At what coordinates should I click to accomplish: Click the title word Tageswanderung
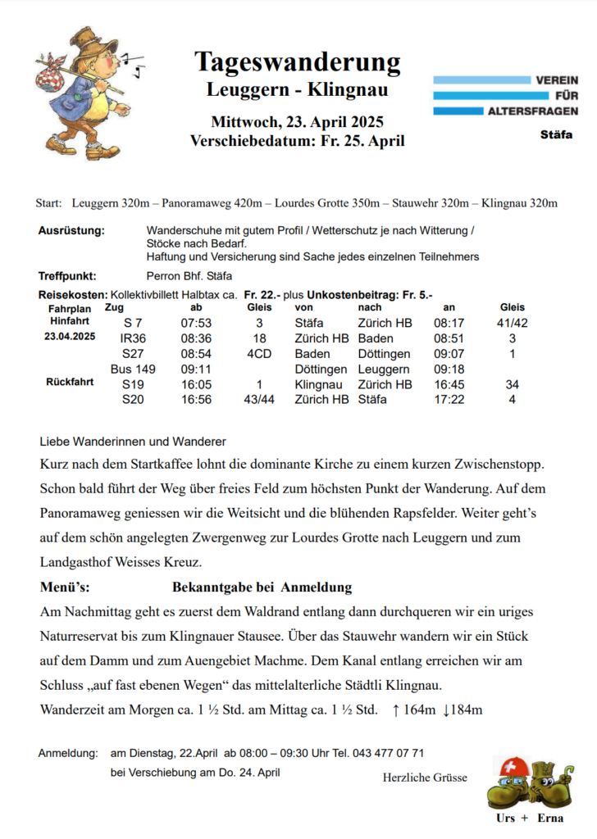pos(298,61)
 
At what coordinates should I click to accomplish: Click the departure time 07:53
pos(196,323)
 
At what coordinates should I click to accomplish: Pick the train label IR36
pos(133,338)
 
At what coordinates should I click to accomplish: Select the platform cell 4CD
pos(259,354)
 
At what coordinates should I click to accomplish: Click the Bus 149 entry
pos(133,370)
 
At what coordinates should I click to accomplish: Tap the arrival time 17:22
pos(449,400)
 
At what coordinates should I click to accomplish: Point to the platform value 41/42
pos(513,323)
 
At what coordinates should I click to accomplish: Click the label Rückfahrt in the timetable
pos(70,382)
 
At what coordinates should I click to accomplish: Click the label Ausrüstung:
pos(71,231)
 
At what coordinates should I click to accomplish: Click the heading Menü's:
pos(65,587)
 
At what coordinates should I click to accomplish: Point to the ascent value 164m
pos(419,710)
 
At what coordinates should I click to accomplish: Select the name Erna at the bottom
pos(550,819)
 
